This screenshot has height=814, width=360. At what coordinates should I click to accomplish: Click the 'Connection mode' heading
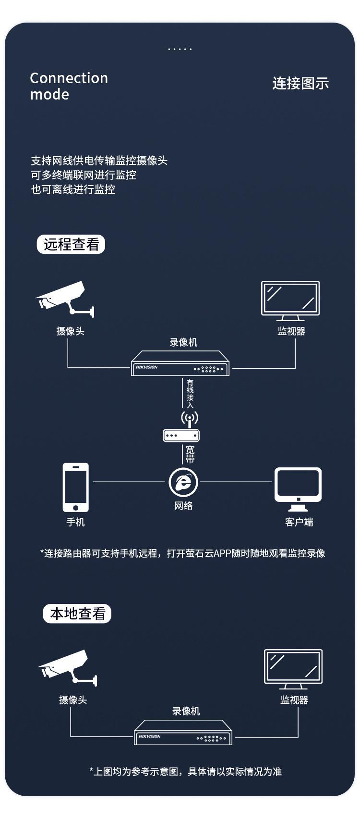pyautogui.click(x=69, y=86)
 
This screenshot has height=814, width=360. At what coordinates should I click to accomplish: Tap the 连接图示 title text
pyautogui.click(x=300, y=83)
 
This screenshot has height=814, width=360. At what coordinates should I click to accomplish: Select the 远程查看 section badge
pyautogui.click(x=71, y=244)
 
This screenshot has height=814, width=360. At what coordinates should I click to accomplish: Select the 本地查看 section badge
pyautogui.click(x=77, y=614)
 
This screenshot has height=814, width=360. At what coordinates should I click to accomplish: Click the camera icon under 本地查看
pyautogui.click(x=68, y=668)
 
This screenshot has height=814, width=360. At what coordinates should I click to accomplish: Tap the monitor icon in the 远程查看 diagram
pyautogui.click(x=290, y=301)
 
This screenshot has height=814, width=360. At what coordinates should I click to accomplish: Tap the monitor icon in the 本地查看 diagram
pyautogui.click(x=293, y=669)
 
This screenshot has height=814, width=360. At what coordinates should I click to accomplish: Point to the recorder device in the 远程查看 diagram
pyautogui.click(x=180, y=363)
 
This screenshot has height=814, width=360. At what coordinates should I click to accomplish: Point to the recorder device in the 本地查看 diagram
pyautogui.click(x=183, y=732)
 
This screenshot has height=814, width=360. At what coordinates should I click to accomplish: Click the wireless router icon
pyautogui.click(x=181, y=427)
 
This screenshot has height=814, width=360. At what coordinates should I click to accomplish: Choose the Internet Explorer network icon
pyautogui.click(x=184, y=482)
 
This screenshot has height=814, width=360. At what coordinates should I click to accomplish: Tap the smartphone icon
pyautogui.click(x=75, y=488)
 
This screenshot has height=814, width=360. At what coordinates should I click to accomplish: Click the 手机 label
pyautogui.click(x=75, y=522)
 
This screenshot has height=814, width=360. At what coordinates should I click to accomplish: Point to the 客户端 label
pyautogui.click(x=299, y=522)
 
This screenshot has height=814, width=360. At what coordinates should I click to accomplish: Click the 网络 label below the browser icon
pyautogui.click(x=183, y=505)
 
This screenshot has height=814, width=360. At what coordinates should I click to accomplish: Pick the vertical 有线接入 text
pyautogui.click(x=190, y=394)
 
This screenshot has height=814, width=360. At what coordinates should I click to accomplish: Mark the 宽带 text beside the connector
pyautogui.click(x=190, y=454)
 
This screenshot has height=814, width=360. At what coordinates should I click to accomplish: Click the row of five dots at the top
pyautogui.click(x=180, y=49)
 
